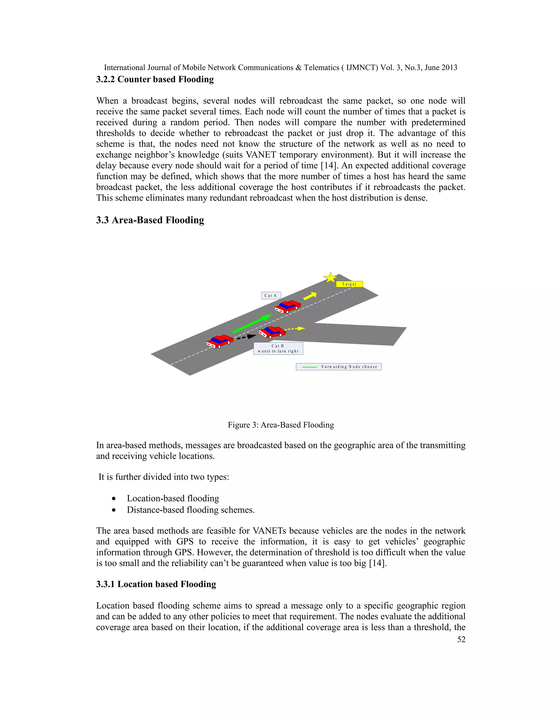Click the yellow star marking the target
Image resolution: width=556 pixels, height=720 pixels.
(x=330, y=278)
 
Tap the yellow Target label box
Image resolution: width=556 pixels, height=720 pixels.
(x=349, y=284)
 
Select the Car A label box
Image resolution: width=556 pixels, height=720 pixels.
(x=271, y=295)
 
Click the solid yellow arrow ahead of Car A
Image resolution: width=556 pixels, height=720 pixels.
(x=309, y=296)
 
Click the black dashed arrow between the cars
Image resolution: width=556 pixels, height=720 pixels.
(x=247, y=337)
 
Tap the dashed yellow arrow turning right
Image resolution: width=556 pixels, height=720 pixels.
(x=295, y=328)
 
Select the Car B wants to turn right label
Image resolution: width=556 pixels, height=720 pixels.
(x=278, y=349)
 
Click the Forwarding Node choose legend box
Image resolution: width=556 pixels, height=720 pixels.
(x=339, y=367)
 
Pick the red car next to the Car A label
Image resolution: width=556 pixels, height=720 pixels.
(x=288, y=306)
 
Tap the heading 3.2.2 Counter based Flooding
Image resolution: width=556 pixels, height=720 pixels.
(x=155, y=79)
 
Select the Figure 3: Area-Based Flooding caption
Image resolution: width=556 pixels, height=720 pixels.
(x=281, y=425)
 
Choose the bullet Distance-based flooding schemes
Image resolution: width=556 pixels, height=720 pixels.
(x=190, y=510)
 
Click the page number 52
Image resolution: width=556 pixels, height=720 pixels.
(x=461, y=639)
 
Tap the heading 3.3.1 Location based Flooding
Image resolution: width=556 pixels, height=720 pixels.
(x=156, y=584)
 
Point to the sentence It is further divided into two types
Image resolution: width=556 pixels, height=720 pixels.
(x=164, y=477)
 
